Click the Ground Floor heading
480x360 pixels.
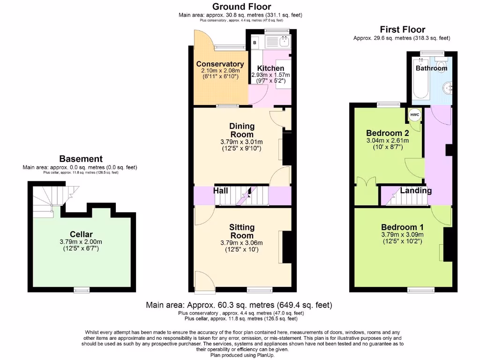(241, 7)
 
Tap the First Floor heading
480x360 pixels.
(402, 30)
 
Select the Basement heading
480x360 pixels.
(81, 159)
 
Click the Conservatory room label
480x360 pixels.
(220, 64)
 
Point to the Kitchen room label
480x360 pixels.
(270, 68)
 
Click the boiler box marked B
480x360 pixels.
(255, 43)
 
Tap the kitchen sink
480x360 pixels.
(284, 42)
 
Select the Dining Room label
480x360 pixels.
(242, 130)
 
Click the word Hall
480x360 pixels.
(221, 191)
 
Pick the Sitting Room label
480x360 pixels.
(242, 231)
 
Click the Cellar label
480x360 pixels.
(81, 234)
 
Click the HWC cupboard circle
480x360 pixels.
(415, 115)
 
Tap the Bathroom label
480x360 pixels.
(431, 68)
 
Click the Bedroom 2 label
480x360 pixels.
(387, 132)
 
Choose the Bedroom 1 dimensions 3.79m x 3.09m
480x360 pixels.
(402, 235)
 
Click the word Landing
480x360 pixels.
(416, 191)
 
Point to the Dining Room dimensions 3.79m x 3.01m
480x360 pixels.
(241, 142)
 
